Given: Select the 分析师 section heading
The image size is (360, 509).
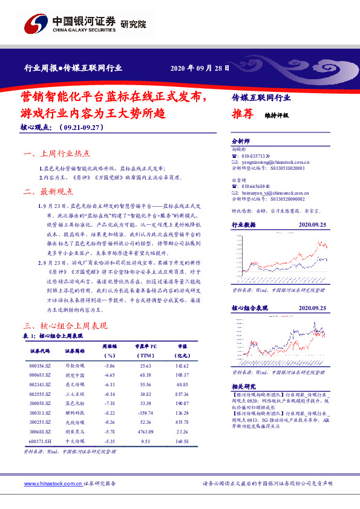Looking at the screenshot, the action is (240, 138).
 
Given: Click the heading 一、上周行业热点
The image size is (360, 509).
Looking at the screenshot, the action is (56, 155).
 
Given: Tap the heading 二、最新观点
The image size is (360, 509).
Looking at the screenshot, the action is (48, 192).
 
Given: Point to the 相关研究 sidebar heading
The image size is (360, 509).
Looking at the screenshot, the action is (244, 386).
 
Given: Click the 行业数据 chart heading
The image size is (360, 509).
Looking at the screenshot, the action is (244, 224).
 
